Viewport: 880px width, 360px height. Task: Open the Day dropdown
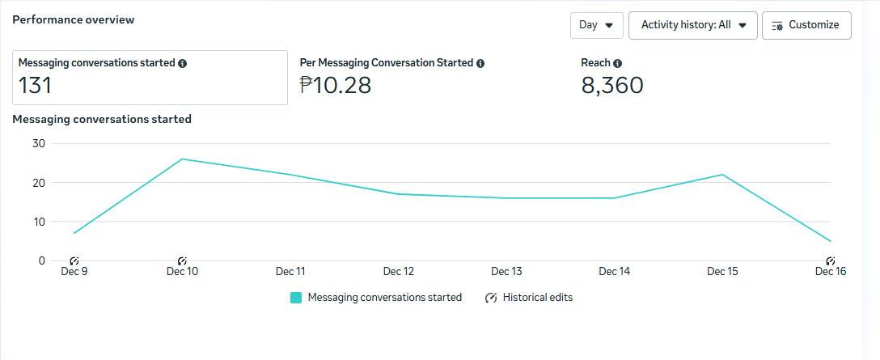click(596, 25)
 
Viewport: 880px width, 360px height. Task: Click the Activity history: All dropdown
click(692, 25)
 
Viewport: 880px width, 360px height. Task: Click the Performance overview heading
click(74, 19)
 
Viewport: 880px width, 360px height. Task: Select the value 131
click(36, 85)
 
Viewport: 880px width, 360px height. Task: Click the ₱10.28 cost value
click(335, 85)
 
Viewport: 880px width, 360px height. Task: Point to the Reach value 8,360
click(612, 85)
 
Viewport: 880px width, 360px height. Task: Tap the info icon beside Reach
click(618, 63)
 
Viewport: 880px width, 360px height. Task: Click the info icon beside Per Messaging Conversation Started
click(480, 63)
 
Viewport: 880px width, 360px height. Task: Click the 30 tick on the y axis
click(37, 143)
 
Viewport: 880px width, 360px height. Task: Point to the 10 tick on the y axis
click(37, 222)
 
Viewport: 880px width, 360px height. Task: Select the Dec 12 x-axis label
click(399, 272)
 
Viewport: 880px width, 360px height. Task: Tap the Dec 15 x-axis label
click(722, 272)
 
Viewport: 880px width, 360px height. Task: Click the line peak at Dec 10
click(182, 159)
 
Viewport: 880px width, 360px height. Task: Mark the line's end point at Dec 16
click(830, 241)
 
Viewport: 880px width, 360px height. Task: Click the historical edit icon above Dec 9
click(74, 260)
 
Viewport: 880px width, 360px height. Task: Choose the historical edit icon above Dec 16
click(830, 260)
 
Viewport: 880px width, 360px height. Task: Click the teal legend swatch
click(296, 298)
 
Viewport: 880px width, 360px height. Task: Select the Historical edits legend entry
click(529, 298)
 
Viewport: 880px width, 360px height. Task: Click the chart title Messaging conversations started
click(102, 119)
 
